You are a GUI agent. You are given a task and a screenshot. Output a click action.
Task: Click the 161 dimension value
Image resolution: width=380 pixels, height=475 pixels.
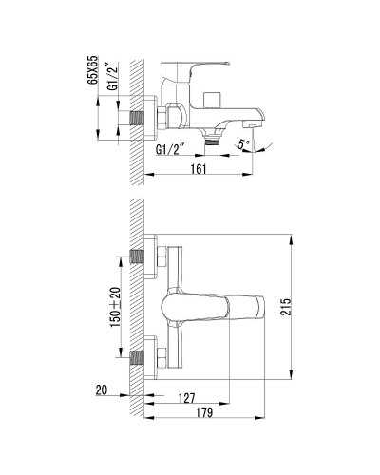point(198,169)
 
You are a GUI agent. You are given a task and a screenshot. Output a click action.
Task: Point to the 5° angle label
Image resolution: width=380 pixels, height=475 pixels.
point(244,143)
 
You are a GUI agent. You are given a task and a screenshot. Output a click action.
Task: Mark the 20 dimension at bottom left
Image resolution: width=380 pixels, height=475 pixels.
point(102,389)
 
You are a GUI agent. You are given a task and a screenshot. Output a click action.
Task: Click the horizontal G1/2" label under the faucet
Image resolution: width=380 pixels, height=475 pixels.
point(171,149)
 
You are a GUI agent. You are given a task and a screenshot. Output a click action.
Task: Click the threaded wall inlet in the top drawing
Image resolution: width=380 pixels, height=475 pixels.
point(139,117)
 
